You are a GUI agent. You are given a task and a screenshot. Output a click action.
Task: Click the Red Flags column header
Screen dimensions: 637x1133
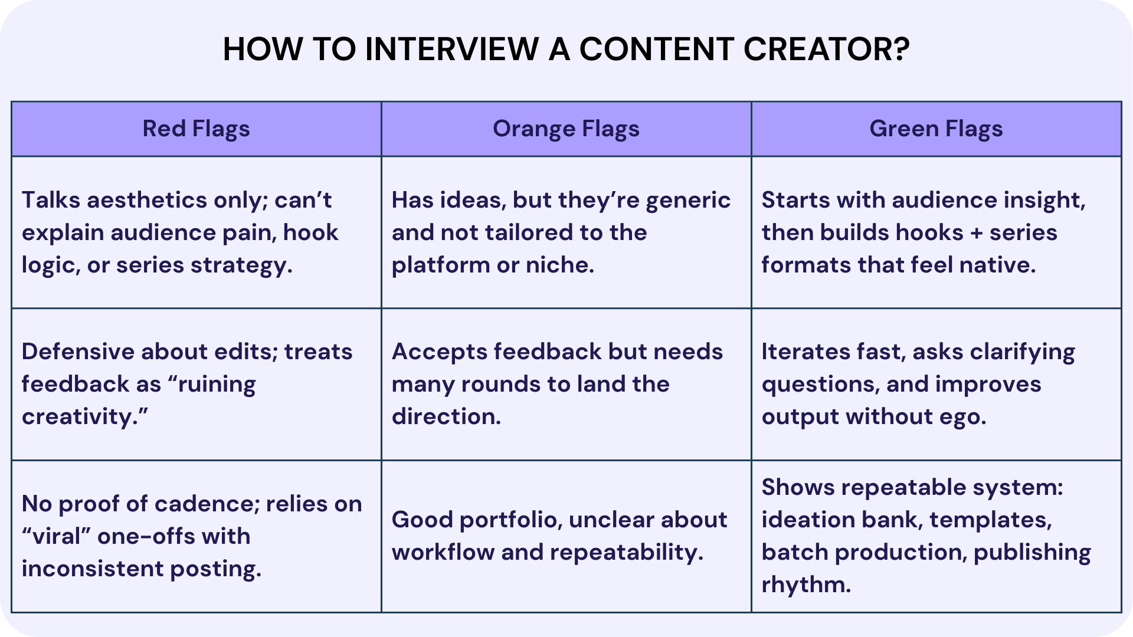[x=196, y=129]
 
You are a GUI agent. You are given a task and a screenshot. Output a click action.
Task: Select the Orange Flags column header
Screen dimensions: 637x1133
[x=566, y=129]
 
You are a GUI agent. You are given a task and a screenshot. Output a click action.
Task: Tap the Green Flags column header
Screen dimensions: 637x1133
[x=936, y=129]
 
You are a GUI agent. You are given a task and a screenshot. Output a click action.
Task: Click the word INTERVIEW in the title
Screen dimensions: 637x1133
[x=451, y=49]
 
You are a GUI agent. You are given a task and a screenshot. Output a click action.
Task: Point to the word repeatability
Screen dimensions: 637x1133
[x=626, y=553]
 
